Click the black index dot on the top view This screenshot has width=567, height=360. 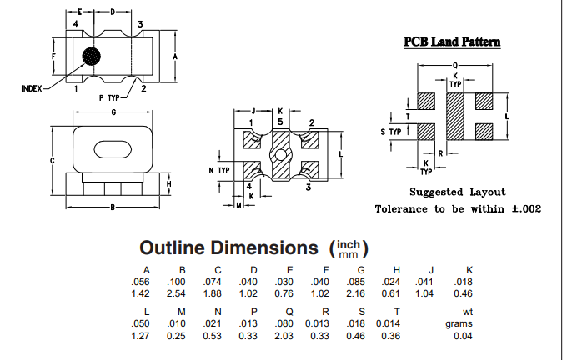[91, 57]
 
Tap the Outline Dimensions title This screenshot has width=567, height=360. [229, 247]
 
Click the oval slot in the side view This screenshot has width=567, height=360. [113, 148]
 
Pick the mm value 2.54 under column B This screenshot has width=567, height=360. [181, 293]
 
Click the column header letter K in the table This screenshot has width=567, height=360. [469, 269]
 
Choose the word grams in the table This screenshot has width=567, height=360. [459, 323]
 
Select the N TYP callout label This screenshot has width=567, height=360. [218, 170]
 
